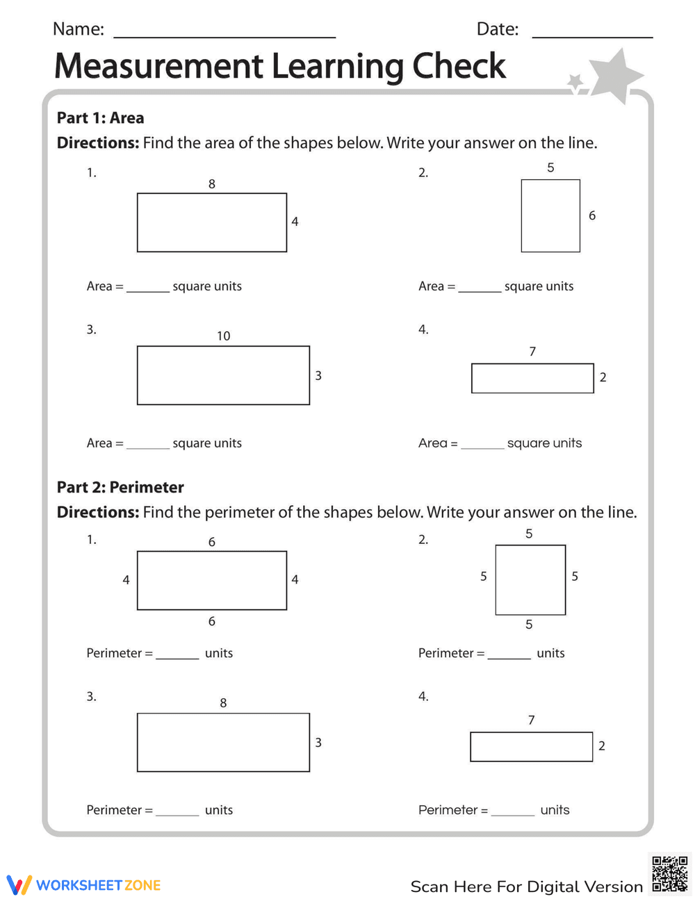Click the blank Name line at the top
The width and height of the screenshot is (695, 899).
pos(224,35)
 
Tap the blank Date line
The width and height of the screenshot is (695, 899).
pos(592,35)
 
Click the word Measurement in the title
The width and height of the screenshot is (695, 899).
pos(159,67)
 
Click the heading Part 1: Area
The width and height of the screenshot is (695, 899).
pos(100,118)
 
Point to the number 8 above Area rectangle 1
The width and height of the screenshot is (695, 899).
pos(212,184)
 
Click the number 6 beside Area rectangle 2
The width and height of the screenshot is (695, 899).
pos(592,216)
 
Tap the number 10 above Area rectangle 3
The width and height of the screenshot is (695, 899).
pos(223,336)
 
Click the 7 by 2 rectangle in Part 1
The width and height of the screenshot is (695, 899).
pos(532,379)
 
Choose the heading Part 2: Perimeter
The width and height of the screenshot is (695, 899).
pos(120,488)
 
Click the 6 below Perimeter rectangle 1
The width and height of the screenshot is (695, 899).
pos(212,622)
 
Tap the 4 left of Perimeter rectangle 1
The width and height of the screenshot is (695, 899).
pos(126,580)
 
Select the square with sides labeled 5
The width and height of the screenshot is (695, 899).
pos(530,580)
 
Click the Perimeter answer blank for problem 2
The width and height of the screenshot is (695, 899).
pos(509,656)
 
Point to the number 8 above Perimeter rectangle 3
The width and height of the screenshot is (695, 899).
pos(223,703)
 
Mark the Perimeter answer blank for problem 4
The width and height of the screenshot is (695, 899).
pos(512,813)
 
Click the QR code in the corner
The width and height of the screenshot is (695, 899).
pos(669,874)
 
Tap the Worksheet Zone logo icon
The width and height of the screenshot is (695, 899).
pos(19,885)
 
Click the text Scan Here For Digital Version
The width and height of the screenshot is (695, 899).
pos(526,887)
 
